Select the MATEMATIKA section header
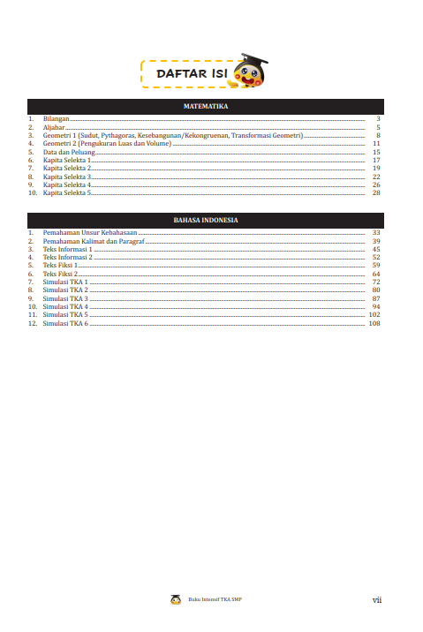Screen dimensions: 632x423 (x=205, y=105)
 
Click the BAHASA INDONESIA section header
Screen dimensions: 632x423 (x=205, y=220)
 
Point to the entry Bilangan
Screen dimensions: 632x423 (x=56, y=118)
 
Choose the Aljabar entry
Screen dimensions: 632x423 (x=54, y=127)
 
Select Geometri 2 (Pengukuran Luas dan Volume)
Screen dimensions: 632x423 (x=107, y=143)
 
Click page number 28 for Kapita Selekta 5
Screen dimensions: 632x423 (x=376, y=192)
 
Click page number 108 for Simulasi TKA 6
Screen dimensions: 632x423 (x=374, y=323)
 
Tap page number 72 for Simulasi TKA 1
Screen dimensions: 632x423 (x=376, y=282)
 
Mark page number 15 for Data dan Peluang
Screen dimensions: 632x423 (x=376, y=152)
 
